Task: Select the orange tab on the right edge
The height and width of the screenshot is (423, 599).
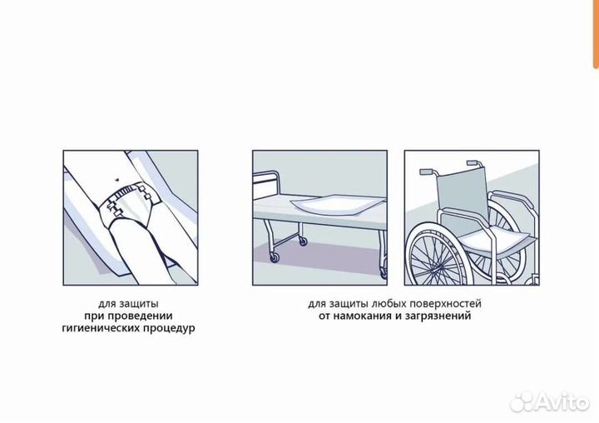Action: tap(595, 33)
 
